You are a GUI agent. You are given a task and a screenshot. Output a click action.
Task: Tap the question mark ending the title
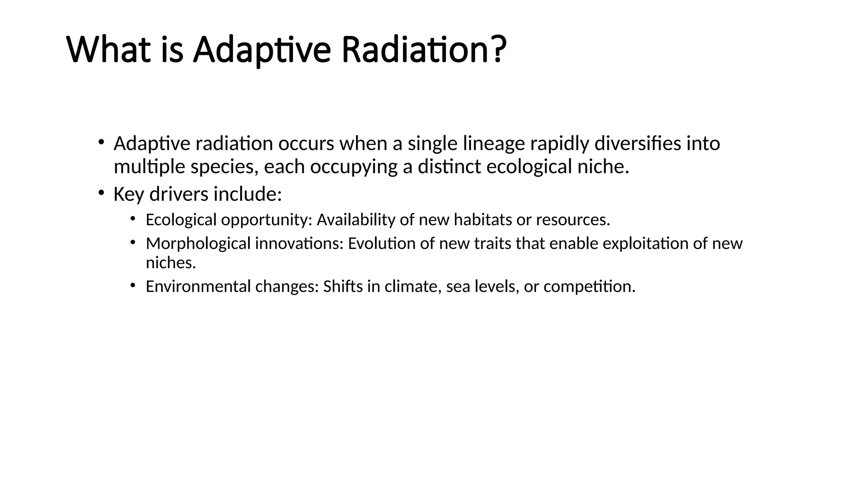tap(497, 49)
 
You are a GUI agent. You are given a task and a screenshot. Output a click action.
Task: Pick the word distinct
tap(449, 167)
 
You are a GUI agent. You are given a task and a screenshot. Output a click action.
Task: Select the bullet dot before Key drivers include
tap(101, 192)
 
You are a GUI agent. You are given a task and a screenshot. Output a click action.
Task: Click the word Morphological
tap(198, 244)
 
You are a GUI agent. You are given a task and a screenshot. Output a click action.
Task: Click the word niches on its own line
tap(171, 263)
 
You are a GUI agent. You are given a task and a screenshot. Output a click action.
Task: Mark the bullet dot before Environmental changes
tap(133, 285)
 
